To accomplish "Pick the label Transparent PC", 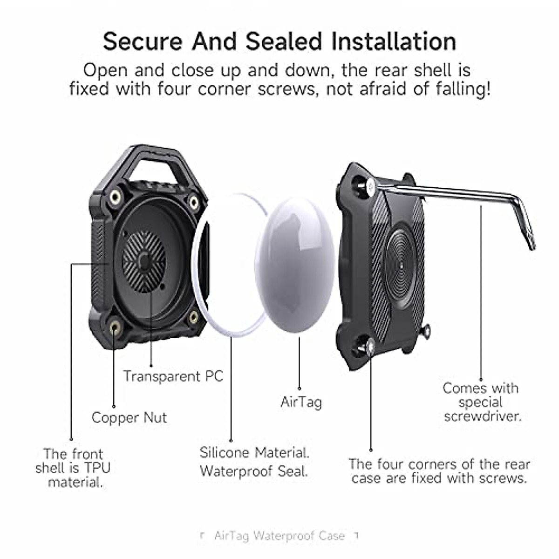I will point(173,376).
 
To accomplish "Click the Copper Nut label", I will point(129,417).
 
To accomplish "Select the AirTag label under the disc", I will point(301,402).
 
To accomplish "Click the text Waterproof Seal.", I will point(254,471).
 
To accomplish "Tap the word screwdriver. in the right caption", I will point(483,416).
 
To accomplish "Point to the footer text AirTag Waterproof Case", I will point(279,536).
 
